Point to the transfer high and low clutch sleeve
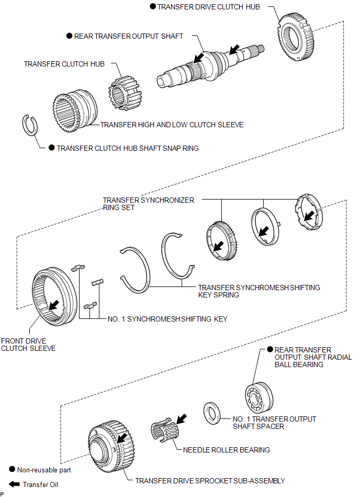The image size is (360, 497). coord(74,111)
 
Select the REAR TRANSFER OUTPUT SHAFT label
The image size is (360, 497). coord(129,36)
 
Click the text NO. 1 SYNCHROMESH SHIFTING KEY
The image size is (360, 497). coord(167,319)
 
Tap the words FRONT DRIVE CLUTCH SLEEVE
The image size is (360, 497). coord(28,344)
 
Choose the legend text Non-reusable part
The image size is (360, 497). coord(44,470)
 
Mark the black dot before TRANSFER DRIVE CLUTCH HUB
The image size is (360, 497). coord(153,7)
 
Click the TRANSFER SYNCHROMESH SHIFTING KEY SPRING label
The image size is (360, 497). coord(258,291)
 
